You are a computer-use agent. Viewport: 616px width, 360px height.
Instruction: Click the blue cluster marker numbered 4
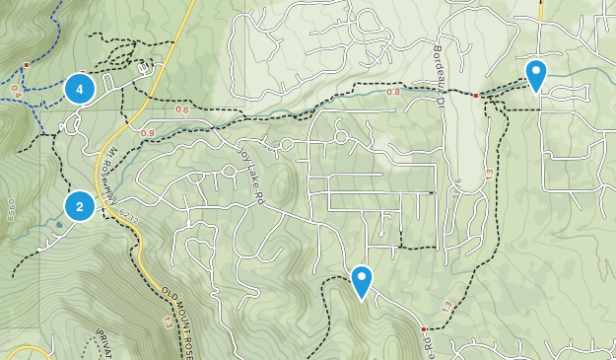point(80,89)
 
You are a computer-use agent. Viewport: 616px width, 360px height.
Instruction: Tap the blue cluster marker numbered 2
point(80,207)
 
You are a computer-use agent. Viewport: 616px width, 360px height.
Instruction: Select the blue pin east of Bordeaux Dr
point(535,75)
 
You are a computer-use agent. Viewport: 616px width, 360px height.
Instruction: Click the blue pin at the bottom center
point(362,282)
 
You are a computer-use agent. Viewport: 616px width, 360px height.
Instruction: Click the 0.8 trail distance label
point(394,92)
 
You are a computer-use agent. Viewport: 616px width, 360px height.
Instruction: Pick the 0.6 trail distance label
point(181,109)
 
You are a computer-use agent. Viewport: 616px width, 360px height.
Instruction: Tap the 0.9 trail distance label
point(148,133)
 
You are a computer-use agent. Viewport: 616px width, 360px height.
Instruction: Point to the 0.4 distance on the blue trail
point(16,90)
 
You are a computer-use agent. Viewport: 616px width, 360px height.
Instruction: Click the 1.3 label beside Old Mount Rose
point(167,324)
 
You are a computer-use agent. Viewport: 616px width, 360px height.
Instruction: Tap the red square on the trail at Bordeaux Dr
point(475,96)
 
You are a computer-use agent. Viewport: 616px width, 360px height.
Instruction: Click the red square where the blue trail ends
point(26,64)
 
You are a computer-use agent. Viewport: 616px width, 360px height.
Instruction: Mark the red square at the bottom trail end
point(423,328)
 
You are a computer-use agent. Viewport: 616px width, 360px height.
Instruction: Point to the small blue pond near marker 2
point(59,225)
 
